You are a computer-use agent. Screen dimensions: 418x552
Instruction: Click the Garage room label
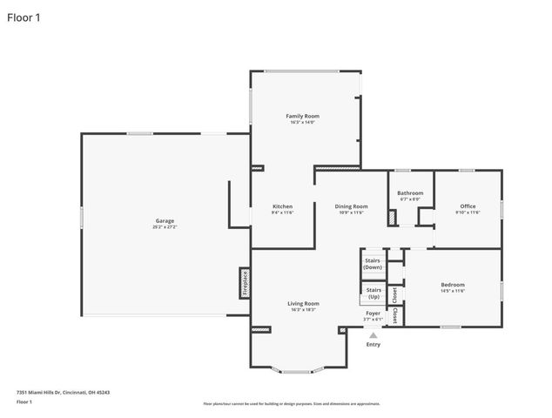(x=165, y=220)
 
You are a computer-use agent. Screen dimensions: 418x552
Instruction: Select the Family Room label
(x=304, y=116)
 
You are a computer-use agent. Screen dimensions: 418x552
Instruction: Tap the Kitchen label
(x=282, y=206)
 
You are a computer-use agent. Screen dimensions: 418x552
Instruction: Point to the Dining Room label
(x=351, y=206)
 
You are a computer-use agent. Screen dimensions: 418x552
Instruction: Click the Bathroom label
(x=410, y=192)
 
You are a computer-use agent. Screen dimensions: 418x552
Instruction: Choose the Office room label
(x=468, y=206)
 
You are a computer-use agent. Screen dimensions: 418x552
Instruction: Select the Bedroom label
(x=452, y=285)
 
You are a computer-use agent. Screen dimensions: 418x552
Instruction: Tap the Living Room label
(x=303, y=303)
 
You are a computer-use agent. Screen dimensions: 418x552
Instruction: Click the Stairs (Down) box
(x=373, y=263)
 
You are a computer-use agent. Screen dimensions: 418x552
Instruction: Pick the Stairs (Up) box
(x=373, y=293)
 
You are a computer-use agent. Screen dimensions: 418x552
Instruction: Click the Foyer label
(x=373, y=313)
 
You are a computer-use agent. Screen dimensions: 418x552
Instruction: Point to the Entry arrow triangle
(x=374, y=334)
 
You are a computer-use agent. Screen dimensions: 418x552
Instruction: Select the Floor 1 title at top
(x=24, y=17)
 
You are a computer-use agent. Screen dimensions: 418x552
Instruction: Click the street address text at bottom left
(x=64, y=393)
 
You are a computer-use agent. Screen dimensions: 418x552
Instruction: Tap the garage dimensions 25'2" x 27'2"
(x=165, y=226)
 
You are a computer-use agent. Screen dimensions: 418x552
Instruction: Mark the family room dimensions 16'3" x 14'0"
(x=304, y=122)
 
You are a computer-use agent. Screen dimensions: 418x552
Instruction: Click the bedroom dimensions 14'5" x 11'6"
(x=452, y=291)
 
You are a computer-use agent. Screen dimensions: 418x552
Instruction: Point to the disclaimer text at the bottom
(x=292, y=404)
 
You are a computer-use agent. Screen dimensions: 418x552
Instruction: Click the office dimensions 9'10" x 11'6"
(x=468, y=212)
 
